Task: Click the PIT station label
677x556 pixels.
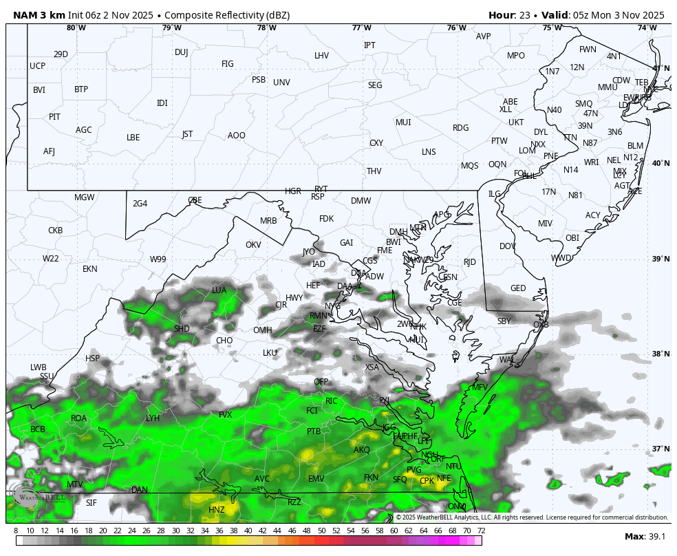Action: click(x=54, y=117)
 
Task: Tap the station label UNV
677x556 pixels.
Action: click(x=281, y=83)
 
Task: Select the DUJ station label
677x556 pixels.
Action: click(x=181, y=52)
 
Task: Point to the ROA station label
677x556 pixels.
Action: click(x=79, y=418)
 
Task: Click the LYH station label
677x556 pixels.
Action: click(x=153, y=418)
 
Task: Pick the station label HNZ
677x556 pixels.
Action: click(x=217, y=510)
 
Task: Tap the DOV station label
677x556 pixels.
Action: click(x=508, y=246)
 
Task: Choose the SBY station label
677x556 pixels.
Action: click(x=504, y=321)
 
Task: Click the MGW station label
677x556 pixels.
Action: click(x=85, y=197)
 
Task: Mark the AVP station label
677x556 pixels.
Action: click(x=484, y=36)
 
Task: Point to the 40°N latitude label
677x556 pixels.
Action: click(x=660, y=163)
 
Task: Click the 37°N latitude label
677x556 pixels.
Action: click(x=660, y=449)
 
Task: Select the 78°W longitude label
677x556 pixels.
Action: click(x=267, y=28)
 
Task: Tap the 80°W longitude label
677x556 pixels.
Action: click(x=76, y=28)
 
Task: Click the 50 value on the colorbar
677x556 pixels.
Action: click(x=321, y=531)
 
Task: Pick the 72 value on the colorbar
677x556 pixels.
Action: click(x=481, y=531)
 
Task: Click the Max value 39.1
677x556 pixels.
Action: click(x=656, y=537)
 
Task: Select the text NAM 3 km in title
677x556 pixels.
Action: click(x=38, y=15)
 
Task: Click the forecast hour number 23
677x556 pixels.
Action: click(x=525, y=15)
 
